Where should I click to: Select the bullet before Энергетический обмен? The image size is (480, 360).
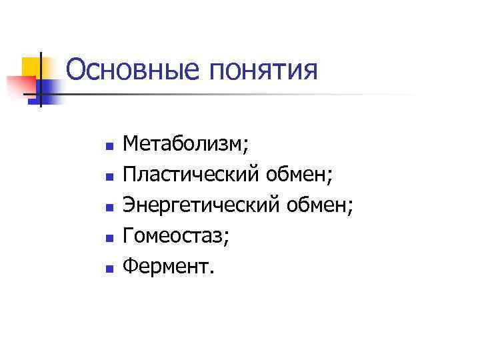tap(111, 204)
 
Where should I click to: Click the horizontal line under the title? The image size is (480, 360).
tap(233, 95)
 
